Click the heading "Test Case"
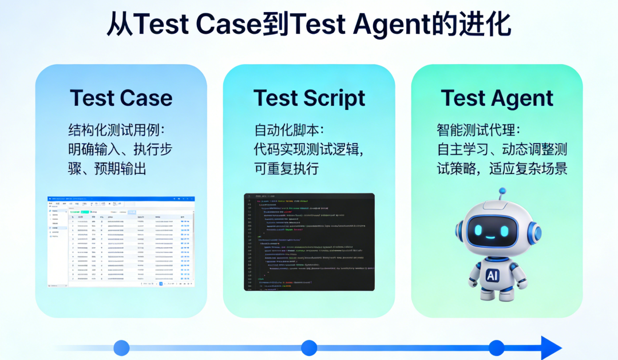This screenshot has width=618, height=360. [121, 98]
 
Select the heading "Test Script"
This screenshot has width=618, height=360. [309, 98]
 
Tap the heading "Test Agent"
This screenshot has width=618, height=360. [497, 98]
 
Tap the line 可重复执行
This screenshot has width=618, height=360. [286, 168]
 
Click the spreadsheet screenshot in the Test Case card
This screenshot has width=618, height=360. [121, 242]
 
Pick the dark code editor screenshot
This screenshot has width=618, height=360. [309, 242]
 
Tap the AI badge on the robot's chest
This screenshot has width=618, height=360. [492, 276]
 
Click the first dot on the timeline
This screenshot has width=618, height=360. [121, 348]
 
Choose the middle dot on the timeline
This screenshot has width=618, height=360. [309, 348]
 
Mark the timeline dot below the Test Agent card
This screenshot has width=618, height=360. [497, 348]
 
